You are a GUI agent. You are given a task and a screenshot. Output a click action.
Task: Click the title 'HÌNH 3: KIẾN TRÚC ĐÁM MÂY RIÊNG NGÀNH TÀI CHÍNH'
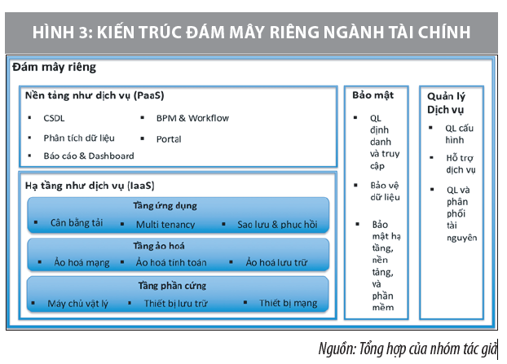click(253, 32)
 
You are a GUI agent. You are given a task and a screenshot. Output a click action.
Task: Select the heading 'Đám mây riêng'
click(54, 68)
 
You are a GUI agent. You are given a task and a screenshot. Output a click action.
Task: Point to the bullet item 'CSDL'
click(55, 119)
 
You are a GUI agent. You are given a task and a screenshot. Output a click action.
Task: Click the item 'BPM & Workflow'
click(193, 118)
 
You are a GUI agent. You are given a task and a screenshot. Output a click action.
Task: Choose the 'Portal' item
click(169, 138)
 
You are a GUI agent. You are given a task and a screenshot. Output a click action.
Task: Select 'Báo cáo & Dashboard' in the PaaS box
click(89, 156)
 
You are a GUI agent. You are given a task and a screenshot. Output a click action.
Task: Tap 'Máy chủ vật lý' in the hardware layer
click(78, 303)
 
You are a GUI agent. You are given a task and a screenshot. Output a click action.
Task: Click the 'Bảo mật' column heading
click(373, 95)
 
